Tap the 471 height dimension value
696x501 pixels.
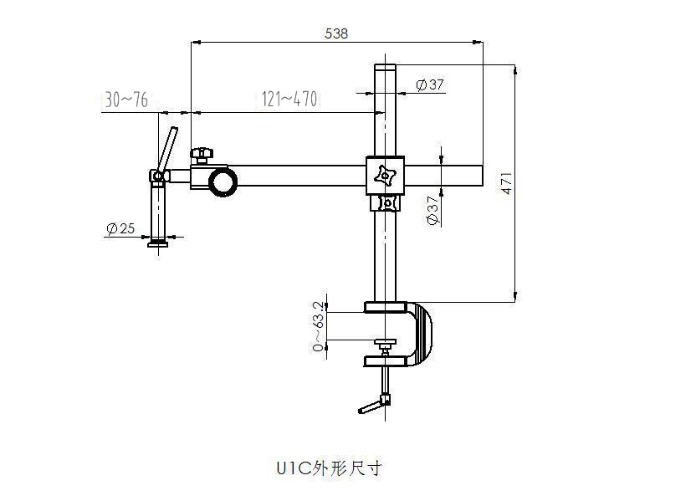506,184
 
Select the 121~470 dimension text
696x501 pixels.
289,100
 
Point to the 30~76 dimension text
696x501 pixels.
126,100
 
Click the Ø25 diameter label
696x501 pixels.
121,228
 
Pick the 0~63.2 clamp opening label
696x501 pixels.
318,325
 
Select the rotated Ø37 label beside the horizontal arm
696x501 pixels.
432,210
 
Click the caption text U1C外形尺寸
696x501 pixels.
329,468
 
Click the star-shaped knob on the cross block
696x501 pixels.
386,176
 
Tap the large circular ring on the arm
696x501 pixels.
223,181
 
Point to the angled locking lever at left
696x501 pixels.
168,148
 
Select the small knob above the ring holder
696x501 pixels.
201,154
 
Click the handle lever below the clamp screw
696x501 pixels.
372,406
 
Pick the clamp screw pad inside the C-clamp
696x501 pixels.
386,343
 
